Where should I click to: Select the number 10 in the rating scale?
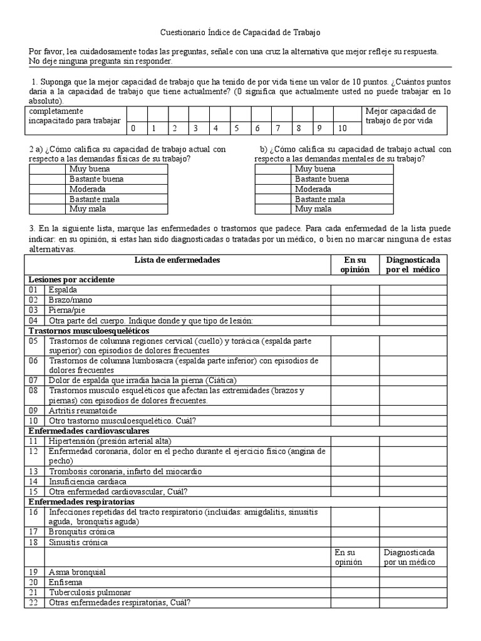coord(341,128)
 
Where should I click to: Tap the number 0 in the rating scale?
coord(133,128)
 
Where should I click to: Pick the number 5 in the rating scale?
coord(237,128)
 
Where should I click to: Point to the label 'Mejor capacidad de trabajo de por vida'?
coord(401,116)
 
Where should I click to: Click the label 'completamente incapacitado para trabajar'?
coord(74,116)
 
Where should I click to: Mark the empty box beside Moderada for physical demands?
coord(47,189)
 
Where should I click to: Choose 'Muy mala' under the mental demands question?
coord(313,209)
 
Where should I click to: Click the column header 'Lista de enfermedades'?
coord(177,260)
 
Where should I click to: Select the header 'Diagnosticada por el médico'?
coord(413,264)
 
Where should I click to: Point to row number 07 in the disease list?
coord(33,380)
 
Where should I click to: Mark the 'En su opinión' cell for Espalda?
coord(354,290)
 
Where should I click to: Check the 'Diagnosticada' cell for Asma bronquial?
coord(413,572)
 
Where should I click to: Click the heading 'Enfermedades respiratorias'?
coord(81,501)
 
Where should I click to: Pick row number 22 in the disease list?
coord(33,602)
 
